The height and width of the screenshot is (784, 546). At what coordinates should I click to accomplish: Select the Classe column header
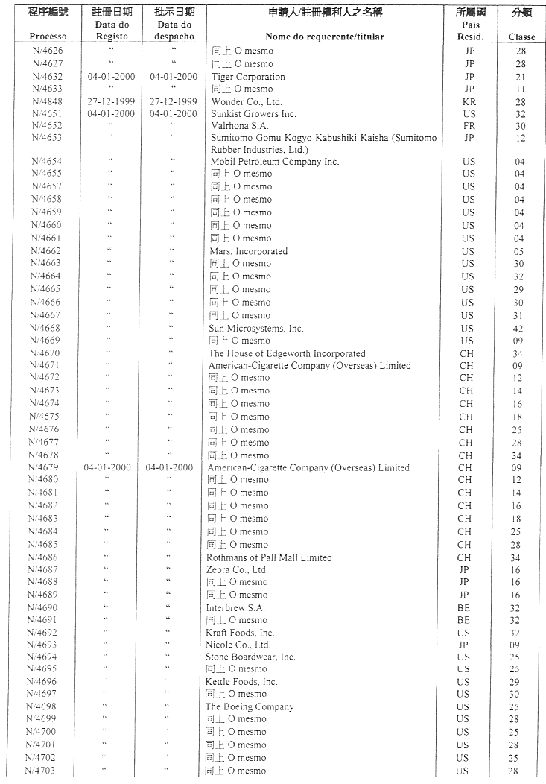[x=521, y=37]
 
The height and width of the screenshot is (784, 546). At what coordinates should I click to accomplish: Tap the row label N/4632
[x=48, y=77]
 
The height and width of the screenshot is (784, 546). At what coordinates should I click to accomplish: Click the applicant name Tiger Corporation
[x=248, y=77]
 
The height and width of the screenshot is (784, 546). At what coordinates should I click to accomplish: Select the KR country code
[x=469, y=101]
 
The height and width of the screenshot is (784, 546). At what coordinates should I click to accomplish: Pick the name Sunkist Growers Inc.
[x=253, y=114]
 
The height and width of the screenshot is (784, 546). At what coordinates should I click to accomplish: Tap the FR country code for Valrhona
[x=469, y=126]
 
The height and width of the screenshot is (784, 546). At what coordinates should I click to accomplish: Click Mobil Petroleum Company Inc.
[x=274, y=162]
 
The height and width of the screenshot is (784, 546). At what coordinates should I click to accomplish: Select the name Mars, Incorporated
[x=248, y=251]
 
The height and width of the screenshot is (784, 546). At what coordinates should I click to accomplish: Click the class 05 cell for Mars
[x=520, y=251]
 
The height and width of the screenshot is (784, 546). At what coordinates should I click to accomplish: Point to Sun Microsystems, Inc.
[x=256, y=329]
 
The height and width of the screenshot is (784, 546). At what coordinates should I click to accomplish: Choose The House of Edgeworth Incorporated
[x=287, y=354]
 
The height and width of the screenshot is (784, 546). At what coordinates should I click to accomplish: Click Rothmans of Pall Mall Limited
[x=269, y=557]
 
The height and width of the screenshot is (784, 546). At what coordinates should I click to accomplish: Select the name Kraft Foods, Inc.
[x=240, y=633]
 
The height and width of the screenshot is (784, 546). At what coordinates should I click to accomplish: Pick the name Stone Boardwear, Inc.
[x=250, y=657]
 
